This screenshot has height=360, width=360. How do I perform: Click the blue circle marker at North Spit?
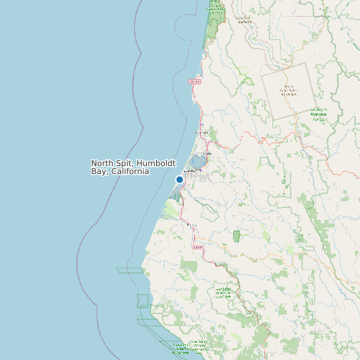[x=179, y=179]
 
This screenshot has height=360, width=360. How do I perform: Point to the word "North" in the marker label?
[x=103, y=163]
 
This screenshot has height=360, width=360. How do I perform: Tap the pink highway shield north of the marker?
[x=195, y=81]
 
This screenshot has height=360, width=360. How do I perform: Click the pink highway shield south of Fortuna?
[x=197, y=247]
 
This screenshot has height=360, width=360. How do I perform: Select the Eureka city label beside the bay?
[x=188, y=171]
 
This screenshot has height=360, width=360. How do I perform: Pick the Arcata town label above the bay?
[x=207, y=153]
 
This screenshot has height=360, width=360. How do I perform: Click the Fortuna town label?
[x=192, y=226]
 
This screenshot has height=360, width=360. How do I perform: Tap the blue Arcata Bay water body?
[x=198, y=161]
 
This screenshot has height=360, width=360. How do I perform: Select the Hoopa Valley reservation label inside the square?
[x=289, y=90]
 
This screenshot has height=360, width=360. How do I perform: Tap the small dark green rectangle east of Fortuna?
[x=236, y=236]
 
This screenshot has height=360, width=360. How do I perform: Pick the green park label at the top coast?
[x=215, y=7]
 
